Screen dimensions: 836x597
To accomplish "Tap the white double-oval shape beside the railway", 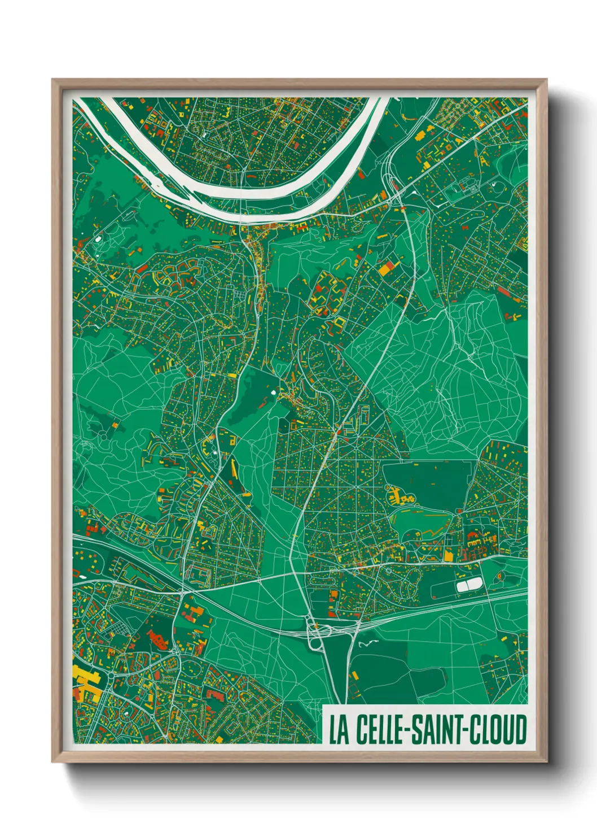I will click(x=467, y=586).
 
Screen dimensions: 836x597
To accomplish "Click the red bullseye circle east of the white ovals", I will click(x=500, y=576).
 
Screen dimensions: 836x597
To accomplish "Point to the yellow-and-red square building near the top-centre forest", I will click(x=388, y=268).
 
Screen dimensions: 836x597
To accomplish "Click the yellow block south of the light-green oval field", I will click(x=449, y=556).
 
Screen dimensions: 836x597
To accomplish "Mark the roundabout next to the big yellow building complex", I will click(x=111, y=676).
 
